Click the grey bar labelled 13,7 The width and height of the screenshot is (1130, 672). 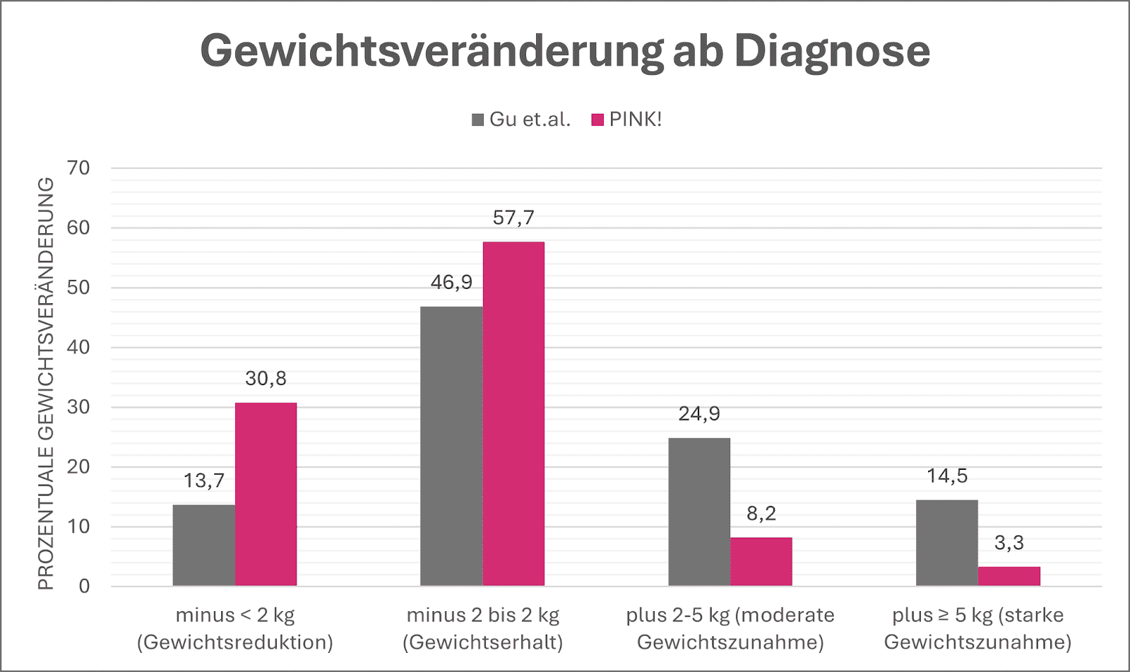(x=203, y=545)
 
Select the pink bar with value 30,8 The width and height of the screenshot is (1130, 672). (x=266, y=494)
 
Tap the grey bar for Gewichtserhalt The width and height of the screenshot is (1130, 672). (x=451, y=446)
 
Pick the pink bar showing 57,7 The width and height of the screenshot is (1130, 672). (x=513, y=413)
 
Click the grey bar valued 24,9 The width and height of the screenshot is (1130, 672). (x=699, y=512)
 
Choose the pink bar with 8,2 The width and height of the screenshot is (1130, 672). (x=761, y=561)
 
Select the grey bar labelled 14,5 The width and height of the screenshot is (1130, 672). (x=947, y=543)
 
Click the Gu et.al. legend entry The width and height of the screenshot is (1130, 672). (x=521, y=119)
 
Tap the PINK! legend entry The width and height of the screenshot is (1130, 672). (x=627, y=119)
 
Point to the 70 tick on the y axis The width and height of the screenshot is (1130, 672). (x=79, y=168)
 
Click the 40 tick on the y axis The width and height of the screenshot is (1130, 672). (x=79, y=347)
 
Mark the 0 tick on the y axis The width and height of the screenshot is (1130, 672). (x=84, y=586)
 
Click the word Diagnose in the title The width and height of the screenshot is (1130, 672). (x=831, y=51)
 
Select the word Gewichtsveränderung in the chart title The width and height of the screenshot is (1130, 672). (x=431, y=51)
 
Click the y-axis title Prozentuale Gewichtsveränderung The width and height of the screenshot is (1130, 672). (x=46, y=383)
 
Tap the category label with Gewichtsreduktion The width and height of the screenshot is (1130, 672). (x=235, y=628)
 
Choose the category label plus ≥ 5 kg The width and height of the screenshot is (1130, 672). (x=977, y=628)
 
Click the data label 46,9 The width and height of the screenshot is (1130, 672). (x=451, y=282)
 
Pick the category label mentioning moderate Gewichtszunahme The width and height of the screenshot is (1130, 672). (x=730, y=628)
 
